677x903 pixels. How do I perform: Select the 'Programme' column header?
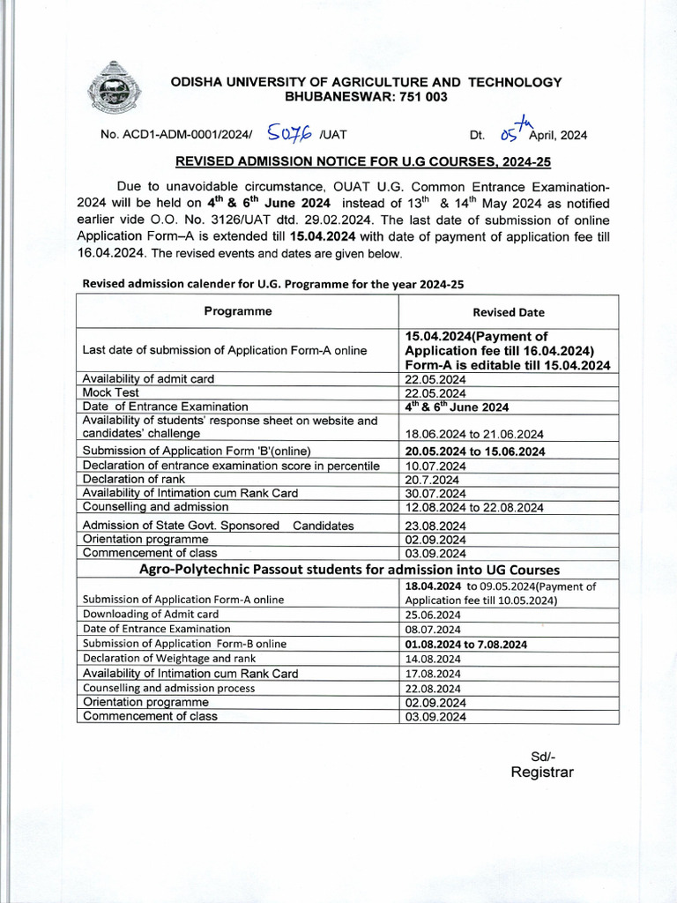click(x=238, y=311)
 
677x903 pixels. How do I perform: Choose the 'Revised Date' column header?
click(x=509, y=312)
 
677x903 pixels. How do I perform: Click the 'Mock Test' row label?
click(x=110, y=392)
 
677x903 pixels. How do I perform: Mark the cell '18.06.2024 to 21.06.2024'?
click(x=474, y=434)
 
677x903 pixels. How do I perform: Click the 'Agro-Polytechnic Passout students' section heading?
click(x=349, y=570)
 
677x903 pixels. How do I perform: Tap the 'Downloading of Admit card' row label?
click(x=151, y=614)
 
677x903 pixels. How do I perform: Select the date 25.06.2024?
click(x=434, y=615)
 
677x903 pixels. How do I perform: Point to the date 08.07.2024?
click(x=434, y=630)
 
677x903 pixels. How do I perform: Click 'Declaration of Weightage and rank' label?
click(x=169, y=658)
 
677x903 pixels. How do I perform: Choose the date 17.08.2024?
click(x=434, y=674)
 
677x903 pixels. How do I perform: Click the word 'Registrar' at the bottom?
click(x=542, y=772)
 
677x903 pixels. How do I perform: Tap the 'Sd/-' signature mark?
click(x=543, y=756)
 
